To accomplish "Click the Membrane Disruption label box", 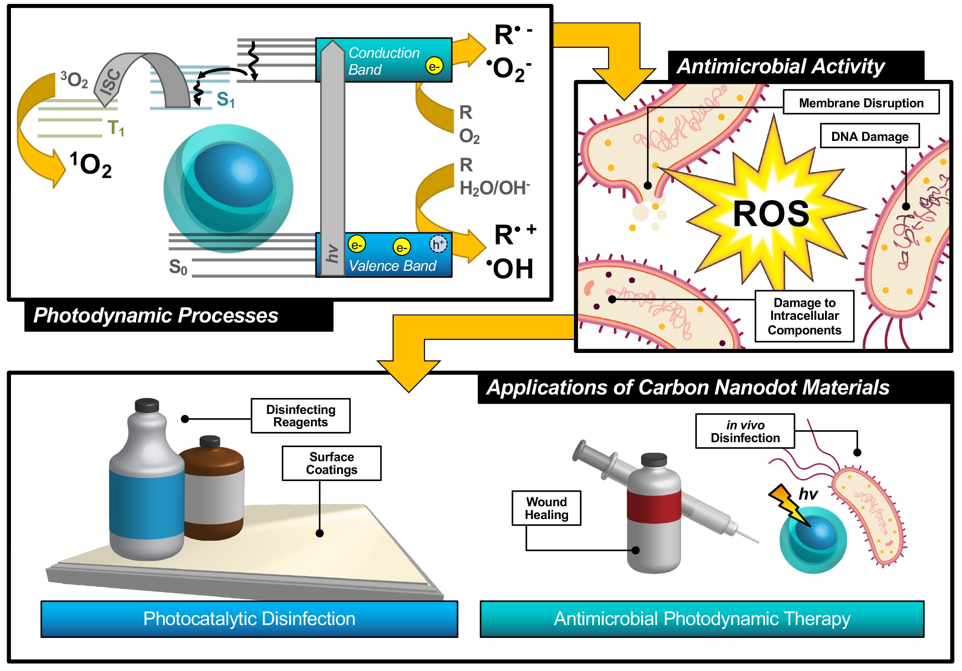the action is point(861,102).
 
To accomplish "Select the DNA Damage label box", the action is point(870,136).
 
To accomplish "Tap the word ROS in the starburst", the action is point(771,214).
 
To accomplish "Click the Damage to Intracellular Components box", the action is point(804,316).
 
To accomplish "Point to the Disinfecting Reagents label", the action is point(300,416).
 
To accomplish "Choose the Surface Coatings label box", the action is point(331,463).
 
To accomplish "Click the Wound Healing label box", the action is point(546,508).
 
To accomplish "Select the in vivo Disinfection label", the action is point(745,431).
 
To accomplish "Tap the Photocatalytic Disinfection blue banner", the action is point(249,619).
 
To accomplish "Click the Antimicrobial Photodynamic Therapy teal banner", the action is point(702,619).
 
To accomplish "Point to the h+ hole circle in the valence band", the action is point(438,244).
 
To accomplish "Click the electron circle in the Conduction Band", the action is point(434,66).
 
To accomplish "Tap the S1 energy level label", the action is point(225,99).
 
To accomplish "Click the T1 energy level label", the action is point(116,128).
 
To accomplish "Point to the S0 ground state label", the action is point(178,267).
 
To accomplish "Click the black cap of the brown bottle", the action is point(210,441).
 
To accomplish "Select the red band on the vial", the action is point(654,504).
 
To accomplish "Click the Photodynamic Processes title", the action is point(156,315).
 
